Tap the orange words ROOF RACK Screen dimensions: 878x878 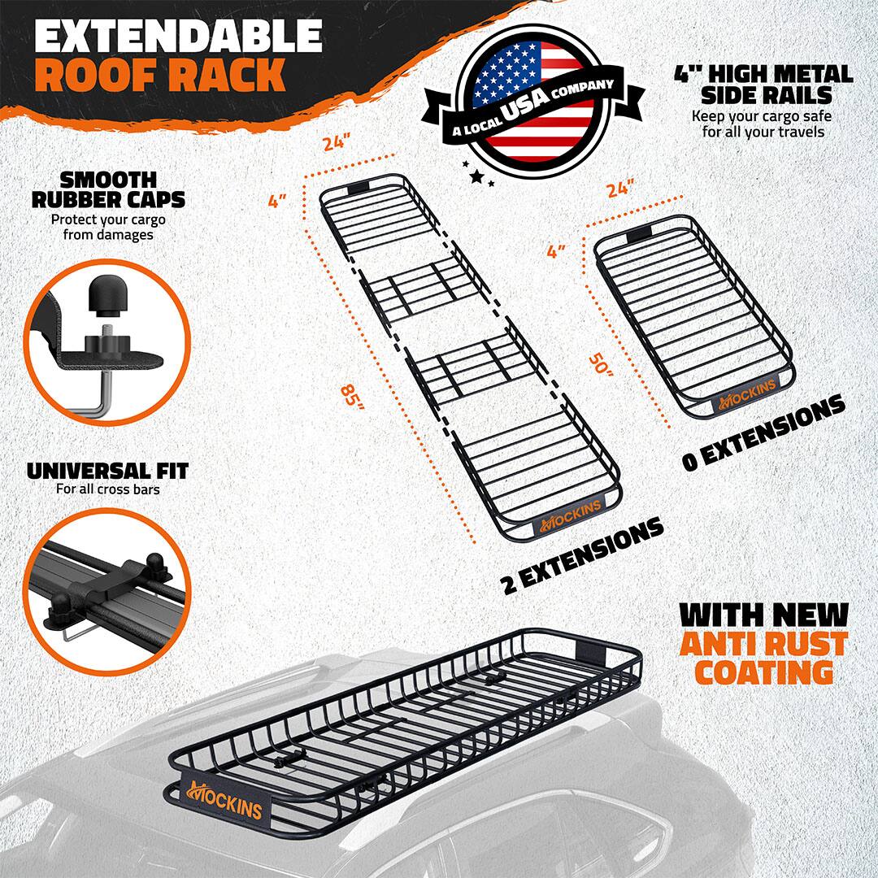tap(160, 75)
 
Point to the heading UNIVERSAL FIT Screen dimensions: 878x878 tap(107, 471)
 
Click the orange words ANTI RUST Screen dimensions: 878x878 tap(763, 644)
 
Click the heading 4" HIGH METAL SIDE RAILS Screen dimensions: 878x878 tap(763, 85)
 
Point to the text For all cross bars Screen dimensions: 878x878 tap(107, 489)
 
